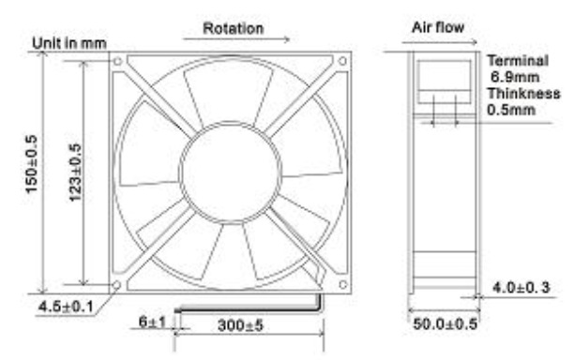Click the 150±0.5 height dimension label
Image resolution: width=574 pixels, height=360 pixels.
[32, 164]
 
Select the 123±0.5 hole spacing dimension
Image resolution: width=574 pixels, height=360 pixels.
[75, 172]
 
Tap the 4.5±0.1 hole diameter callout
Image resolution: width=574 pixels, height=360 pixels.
[66, 306]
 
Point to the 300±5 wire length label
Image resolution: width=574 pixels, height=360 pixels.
[240, 325]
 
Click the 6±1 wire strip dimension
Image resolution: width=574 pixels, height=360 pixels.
[152, 322]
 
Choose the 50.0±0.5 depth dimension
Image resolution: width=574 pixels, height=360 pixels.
[446, 323]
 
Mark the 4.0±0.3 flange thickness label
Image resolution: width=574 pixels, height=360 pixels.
[521, 288]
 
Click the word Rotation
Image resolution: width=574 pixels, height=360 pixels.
[234, 28]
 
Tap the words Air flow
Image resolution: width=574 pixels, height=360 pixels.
[438, 27]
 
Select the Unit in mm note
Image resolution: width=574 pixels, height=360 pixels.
[69, 43]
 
